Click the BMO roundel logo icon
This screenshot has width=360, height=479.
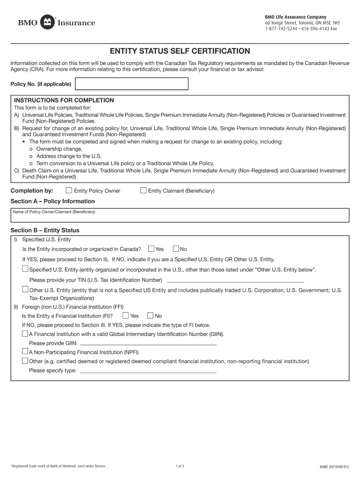coord(47,22)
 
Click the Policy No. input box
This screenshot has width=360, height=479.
coord(132,84)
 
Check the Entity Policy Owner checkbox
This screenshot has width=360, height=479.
coord(69,190)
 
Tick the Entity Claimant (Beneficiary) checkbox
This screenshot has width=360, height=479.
coord(144,190)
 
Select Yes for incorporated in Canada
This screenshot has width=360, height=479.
coord(151,249)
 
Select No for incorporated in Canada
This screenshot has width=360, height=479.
coord(176,249)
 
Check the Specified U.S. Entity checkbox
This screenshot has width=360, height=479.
coord(25,269)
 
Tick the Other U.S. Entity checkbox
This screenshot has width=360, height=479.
coord(25,290)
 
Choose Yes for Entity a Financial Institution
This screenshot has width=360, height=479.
coord(125,316)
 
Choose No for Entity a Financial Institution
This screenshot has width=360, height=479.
coord(151,316)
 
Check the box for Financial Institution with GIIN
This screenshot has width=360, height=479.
coord(25,334)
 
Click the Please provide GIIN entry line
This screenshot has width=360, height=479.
coord(148,343)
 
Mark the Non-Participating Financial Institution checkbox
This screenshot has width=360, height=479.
coord(25,352)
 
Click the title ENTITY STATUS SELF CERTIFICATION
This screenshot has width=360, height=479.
coord(180,51)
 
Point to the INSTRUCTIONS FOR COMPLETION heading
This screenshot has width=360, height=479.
coord(64,101)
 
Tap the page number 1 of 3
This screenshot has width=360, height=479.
coord(180,466)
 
